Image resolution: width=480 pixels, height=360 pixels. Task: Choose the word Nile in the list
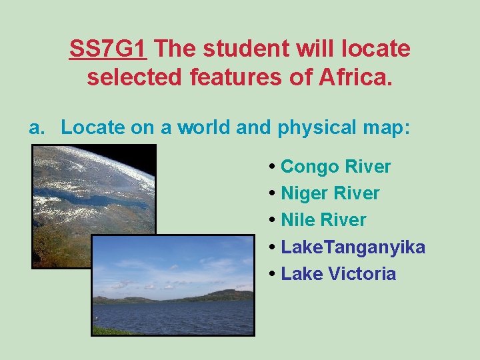pos(298,220)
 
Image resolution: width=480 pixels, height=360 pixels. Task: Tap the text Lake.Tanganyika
pos(353,247)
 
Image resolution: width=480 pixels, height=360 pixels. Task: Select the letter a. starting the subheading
pos(36,128)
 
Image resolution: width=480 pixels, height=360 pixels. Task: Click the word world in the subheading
pos(203,128)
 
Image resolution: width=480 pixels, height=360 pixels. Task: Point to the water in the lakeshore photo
pos(173,317)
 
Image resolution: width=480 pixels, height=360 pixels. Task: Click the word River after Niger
pos(357,193)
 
